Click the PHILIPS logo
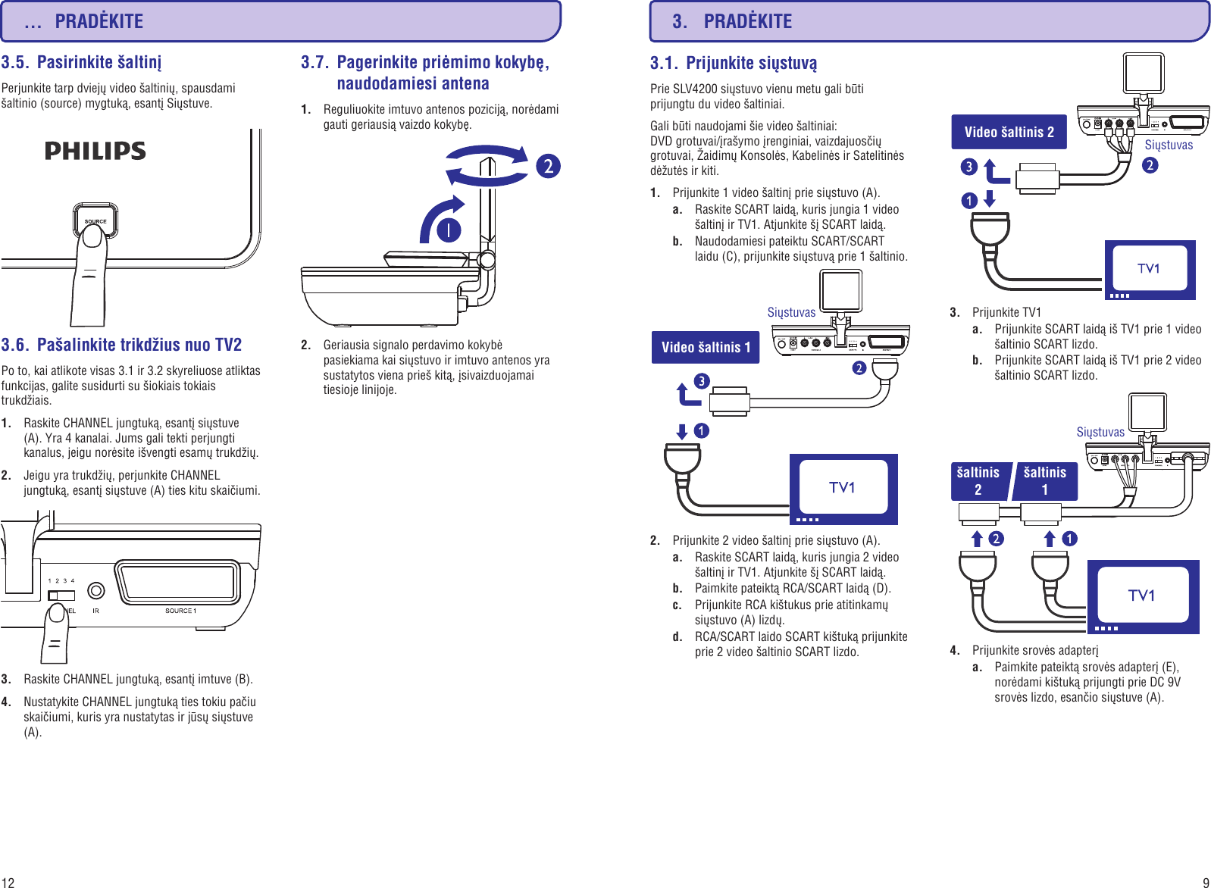[x=95, y=151]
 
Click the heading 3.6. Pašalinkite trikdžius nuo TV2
[x=121, y=346]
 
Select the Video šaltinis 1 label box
[x=706, y=348]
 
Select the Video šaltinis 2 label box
[x=1009, y=133]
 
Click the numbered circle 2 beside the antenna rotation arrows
[x=548, y=166]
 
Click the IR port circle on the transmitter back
[x=96, y=590]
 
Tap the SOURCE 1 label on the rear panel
[x=180, y=611]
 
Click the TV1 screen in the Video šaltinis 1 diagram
[x=843, y=487]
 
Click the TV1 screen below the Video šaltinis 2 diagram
[x=1149, y=268]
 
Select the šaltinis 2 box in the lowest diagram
[x=978, y=481]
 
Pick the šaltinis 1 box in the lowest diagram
[x=1045, y=481]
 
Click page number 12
[x=8, y=882]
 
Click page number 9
[x=1205, y=882]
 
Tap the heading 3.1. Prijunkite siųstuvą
[x=734, y=63]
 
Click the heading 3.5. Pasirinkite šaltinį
[x=81, y=62]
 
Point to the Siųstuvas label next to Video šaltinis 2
[x=1168, y=145]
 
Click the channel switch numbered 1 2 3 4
[x=61, y=596]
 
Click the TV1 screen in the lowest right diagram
[x=1142, y=596]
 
